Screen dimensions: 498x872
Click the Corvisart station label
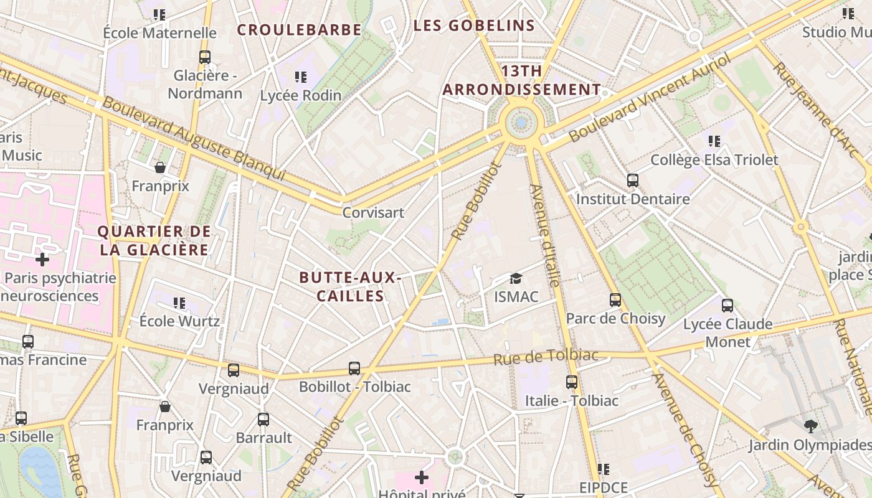tap(374, 212)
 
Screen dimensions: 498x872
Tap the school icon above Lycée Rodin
tap(301, 77)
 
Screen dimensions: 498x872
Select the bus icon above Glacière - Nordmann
tap(205, 57)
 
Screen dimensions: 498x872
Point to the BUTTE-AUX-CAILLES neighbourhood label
tap(349, 286)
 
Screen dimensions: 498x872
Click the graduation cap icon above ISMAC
tap(516, 278)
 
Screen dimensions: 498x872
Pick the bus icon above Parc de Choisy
tap(615, 300)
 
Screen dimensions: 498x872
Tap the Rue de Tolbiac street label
tap(546, 357)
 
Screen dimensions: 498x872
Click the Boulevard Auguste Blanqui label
tap(193, 138)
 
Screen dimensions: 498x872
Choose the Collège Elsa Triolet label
tap(714, 160)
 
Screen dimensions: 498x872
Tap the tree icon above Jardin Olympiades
tap(810, 426)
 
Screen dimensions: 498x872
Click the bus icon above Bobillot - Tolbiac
tap(354, 369)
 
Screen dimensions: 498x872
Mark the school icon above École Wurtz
tap(179, 303)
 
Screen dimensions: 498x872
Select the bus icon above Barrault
tap(263, 420)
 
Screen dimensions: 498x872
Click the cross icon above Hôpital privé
tap(422, 477)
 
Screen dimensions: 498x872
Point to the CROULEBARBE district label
tap(299, 30)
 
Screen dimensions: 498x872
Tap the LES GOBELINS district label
tap(474, 26)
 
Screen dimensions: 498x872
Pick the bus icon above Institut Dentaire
tap(633, 181)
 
